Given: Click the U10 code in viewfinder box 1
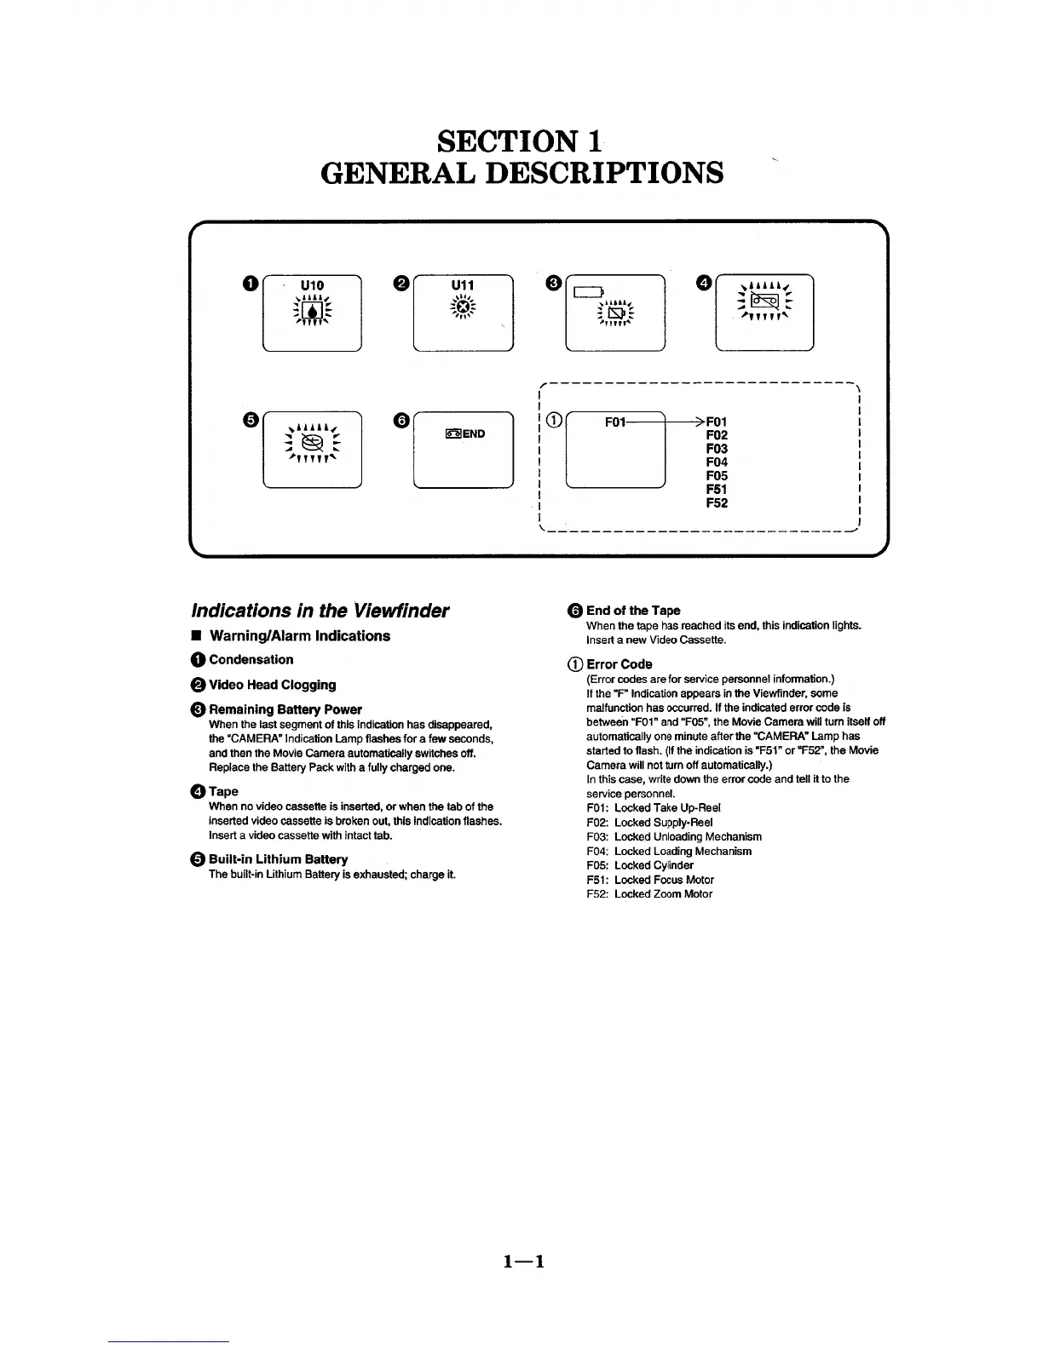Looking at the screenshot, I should pyautogui.click(x=312, y=285).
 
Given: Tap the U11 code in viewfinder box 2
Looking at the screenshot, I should pyautogui.click(x=462, y=285).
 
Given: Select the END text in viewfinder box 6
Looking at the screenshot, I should pyautogui.click(x=474, y=434).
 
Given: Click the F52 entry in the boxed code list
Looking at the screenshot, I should pyautogui.click(x=717, y=503).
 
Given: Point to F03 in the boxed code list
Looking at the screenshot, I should pyautogui.click(x=717, y=449).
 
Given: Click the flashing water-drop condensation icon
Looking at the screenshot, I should pyautogui.click(x=312, y=310).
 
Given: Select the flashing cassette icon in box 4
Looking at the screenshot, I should pyautogui.click(x=764, y=300).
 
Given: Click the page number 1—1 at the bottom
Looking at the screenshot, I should pyautogui.click(x=523, y=1261).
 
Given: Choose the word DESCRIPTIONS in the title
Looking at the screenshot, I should pyautogui.click(x=604, y=173).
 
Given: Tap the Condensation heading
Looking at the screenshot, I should pyautogui.click(x=251, y=659).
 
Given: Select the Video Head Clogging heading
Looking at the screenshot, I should pyautogui.click(x=272, y=685).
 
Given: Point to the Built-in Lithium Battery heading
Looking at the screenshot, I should pyautogui.click(x=278, y=859).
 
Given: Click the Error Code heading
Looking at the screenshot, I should pyautogui.click(x=619, y=664).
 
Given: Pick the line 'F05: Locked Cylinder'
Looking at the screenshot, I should pyautogui.click(x=640, y=865).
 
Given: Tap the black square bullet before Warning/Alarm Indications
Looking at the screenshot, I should pyautogui.click(x=196, y=636).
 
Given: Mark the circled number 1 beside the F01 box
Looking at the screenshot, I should pyautogui.click(x=554, y=420).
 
